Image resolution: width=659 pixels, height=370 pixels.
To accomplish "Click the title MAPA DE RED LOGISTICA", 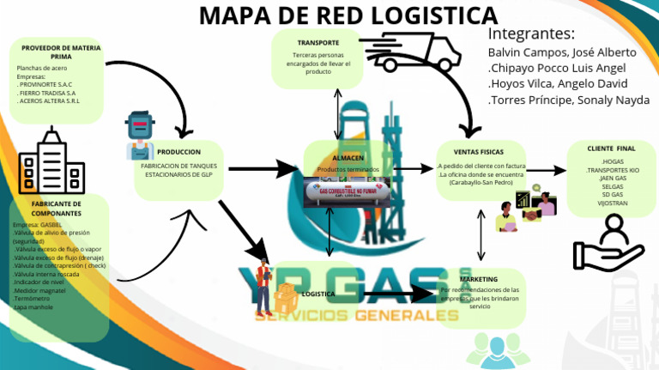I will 348,15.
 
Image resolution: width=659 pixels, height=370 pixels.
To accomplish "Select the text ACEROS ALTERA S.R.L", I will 49,101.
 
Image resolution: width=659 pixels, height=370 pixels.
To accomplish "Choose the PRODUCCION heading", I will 178,151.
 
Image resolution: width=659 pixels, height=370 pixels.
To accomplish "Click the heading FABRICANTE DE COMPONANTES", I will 57,209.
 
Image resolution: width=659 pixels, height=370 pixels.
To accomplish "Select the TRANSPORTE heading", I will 317,43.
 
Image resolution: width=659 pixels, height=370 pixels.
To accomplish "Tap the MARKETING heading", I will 478,280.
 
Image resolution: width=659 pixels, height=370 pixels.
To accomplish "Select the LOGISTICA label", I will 318,294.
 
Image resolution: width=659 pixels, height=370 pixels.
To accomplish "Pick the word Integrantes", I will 530,34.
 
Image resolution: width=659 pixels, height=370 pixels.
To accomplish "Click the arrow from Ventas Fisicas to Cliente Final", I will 546,171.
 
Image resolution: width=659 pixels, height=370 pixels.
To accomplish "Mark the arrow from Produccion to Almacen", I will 262,168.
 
